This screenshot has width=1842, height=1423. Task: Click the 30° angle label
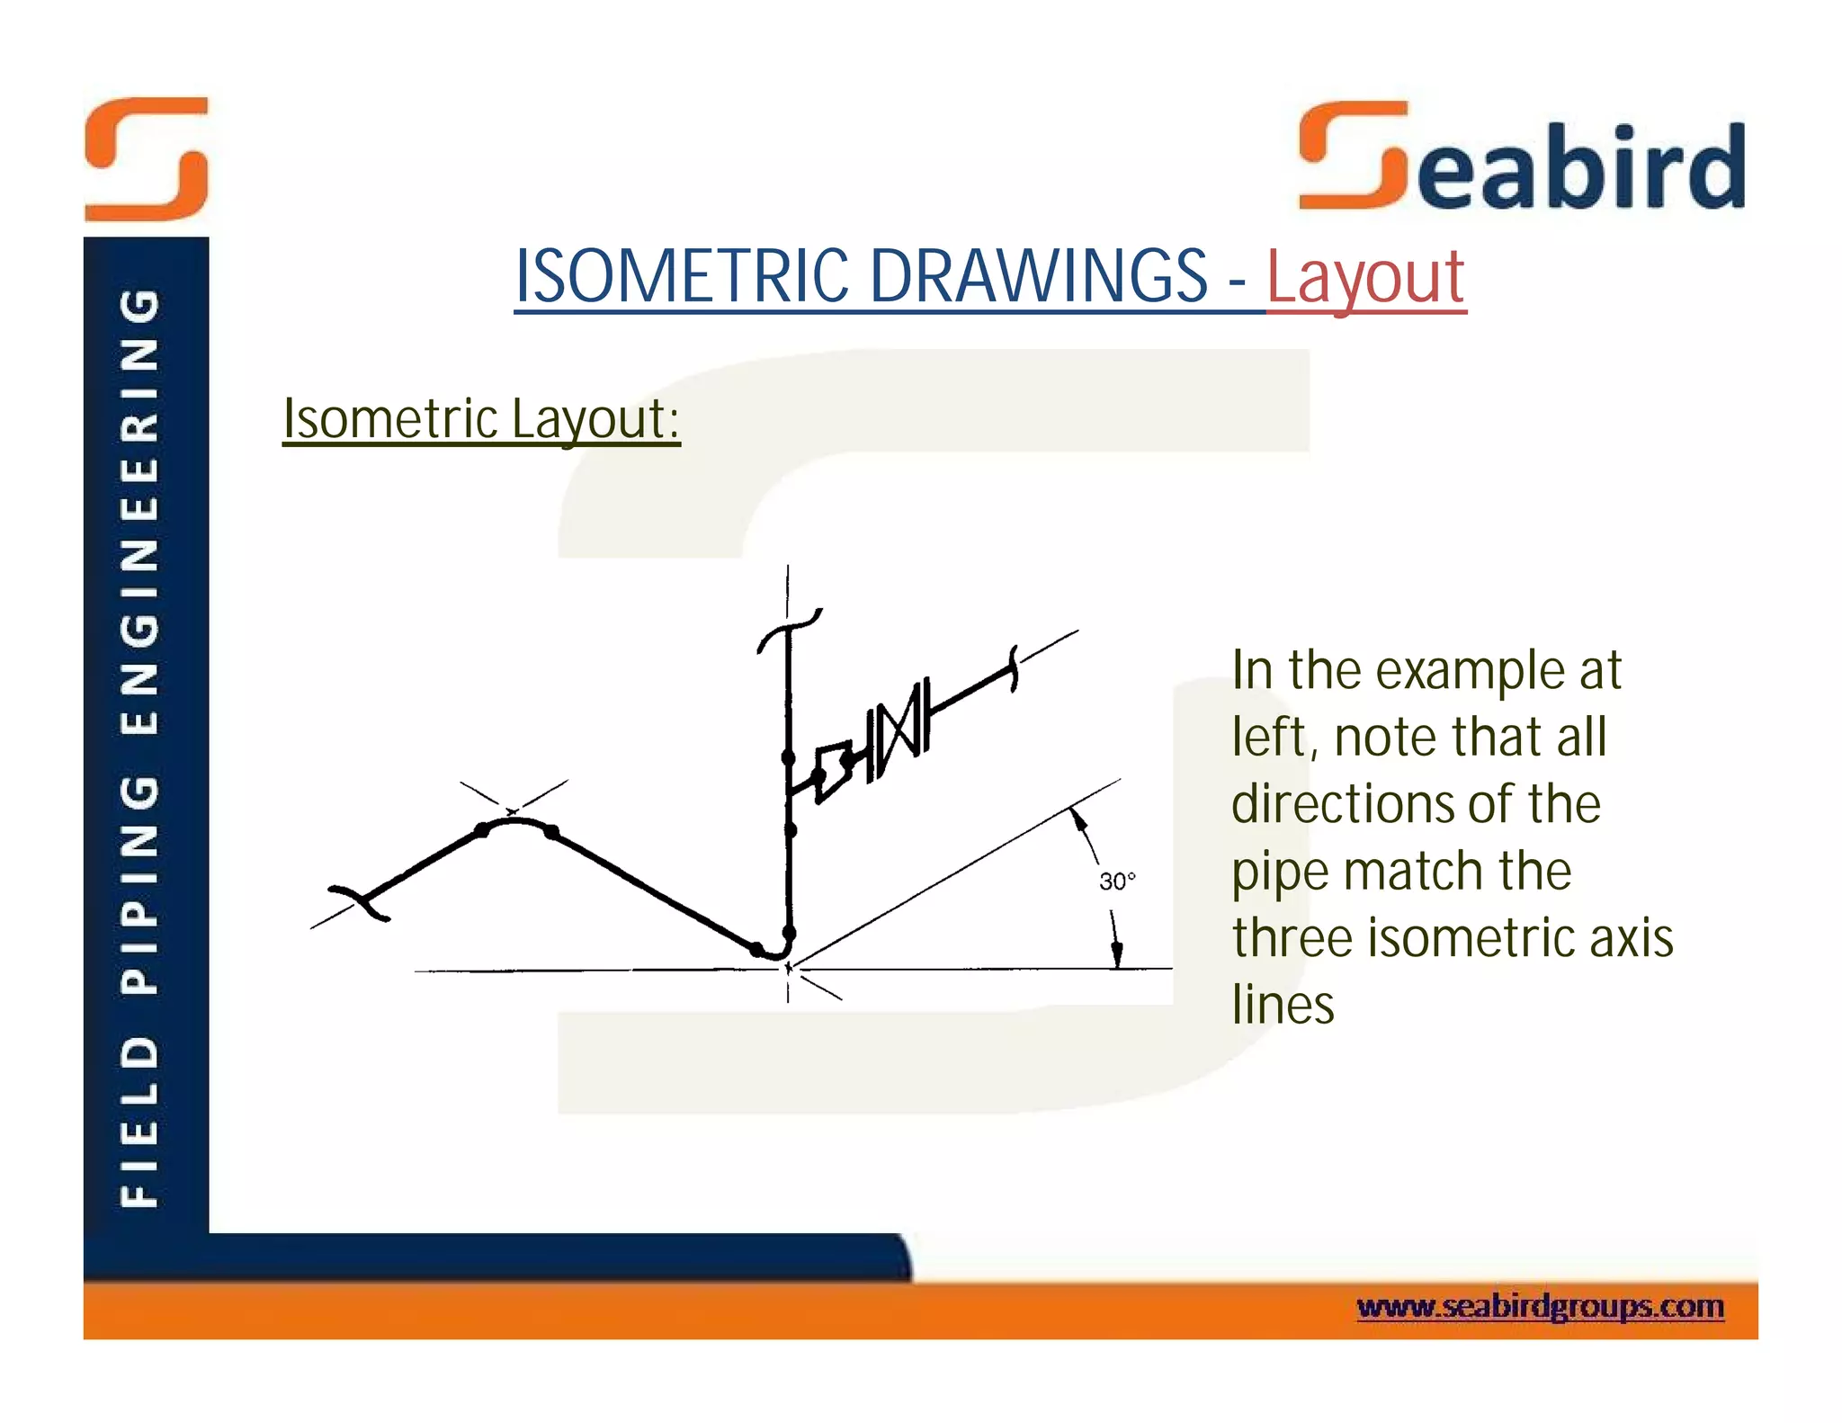tap(1116, 881)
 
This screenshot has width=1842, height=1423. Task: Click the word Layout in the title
tap(1365, 277)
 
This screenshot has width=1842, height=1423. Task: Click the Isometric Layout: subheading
tap(481, 419)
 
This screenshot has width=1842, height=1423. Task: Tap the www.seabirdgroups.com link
tap(1539, 1305)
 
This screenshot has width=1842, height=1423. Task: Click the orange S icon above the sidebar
tap(147, 159)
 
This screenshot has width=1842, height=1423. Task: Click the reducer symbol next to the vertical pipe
tap(834, 770)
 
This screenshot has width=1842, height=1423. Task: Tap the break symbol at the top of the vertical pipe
tap(790, 629)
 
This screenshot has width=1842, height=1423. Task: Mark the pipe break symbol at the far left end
tap(361, 902)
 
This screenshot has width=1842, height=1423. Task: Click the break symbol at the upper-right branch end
tap(1014, 668)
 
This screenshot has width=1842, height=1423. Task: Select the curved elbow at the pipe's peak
tap(515, 821)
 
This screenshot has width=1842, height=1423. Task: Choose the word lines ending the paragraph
tap(1283, 1005)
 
